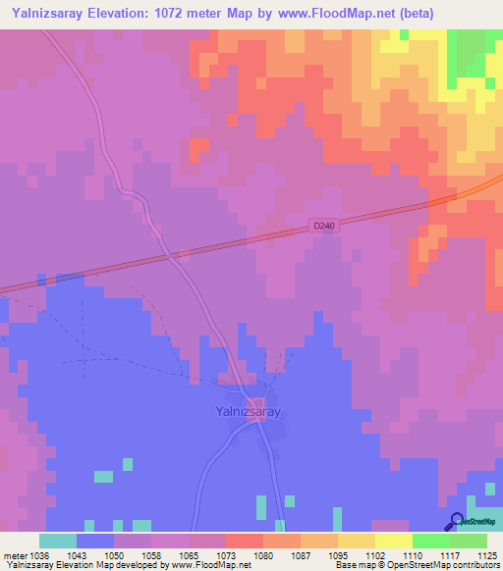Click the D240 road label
click(324, 226)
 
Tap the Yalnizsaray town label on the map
click(248, 412)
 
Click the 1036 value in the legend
click(38, 554)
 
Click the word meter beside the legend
click(14, 554)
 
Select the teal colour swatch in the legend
click(57, 541)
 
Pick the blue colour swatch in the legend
click(94, 541)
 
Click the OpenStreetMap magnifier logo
click(455, 521)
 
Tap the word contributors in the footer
click(474, 565)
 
